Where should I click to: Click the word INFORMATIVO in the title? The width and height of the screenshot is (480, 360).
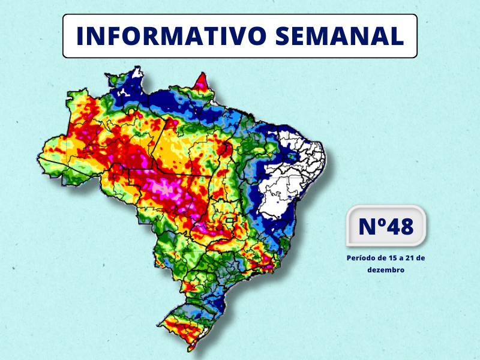(170, 36)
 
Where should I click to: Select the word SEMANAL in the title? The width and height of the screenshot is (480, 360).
(340, 36)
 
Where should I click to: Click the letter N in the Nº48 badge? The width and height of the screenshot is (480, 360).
(367, 227)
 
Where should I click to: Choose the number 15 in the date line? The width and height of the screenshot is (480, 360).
(393, 258)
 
